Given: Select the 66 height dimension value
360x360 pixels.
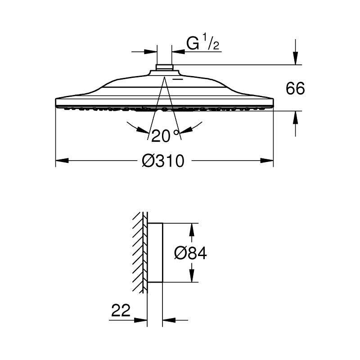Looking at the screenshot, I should click(x=295, y=89).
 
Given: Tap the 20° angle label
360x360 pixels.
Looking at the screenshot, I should click(x=165, y=135).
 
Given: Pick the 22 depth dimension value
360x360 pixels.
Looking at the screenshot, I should click(x=120, y=310).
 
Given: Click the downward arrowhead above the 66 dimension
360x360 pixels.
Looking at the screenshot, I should click(x=295, y=58).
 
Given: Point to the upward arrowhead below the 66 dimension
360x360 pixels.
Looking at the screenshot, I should click(x=295, y=117).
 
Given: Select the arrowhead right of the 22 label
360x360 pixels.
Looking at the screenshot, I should click(x=168, y=320).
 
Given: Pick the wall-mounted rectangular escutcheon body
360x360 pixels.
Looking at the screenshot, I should click(x=155, y=252).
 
